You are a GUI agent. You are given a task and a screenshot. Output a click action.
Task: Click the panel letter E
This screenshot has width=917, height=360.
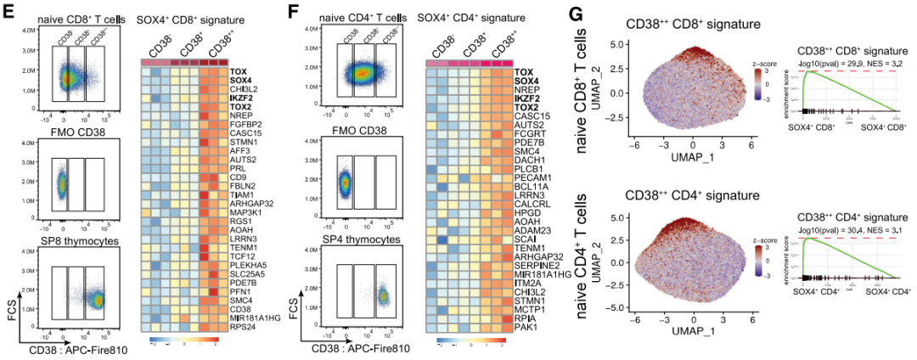click(x=9, y=14)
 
